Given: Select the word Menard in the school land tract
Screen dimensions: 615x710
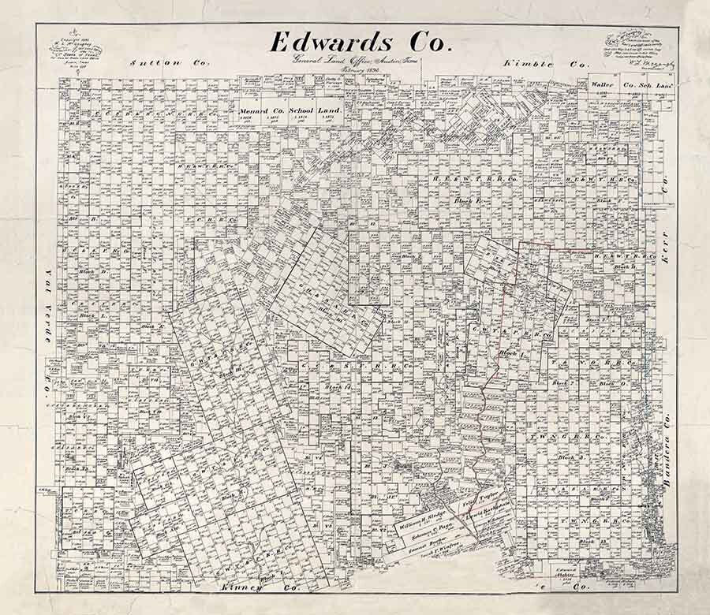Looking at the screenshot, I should pyautogui.click(x=255, y=111).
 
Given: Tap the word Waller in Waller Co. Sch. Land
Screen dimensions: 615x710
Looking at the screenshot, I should pyautogui.click(x=603, y=84).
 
